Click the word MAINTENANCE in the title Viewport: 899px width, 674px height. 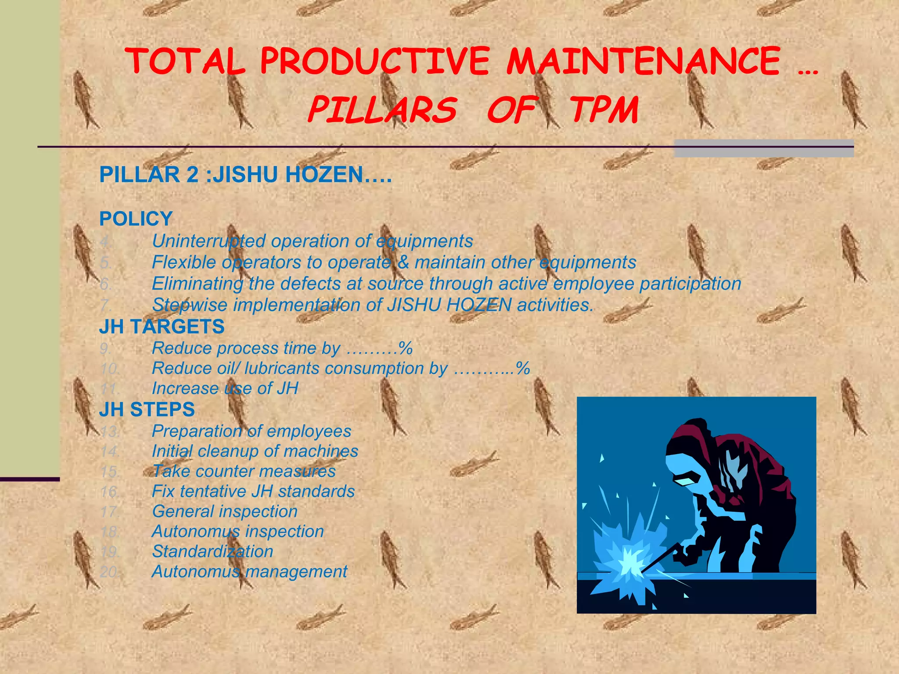[643, 61]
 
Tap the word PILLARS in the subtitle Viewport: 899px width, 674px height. [382, 110]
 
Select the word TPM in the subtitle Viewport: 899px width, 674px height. [604, 110]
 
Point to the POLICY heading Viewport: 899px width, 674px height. [136, 219]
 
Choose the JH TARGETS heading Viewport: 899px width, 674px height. [162, 327]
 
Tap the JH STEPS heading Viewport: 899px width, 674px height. [147, 409]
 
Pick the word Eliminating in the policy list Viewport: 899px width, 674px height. [197, 283]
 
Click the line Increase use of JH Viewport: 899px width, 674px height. [225, 388]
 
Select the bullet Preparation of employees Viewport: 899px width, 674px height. [251, 431]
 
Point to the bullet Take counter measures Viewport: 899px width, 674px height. [244, 471]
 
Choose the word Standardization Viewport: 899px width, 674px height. [212, 552]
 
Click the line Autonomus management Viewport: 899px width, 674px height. [249, 572]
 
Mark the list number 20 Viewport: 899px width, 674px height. [109, 572]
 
